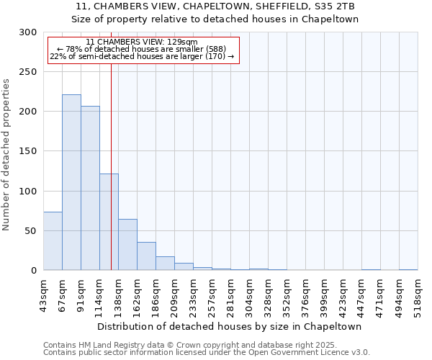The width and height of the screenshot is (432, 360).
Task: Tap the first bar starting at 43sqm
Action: tap(53, 241)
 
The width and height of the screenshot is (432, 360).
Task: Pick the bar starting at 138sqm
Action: tap(127, 245)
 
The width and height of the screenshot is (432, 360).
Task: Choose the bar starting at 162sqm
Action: tap(146, 256)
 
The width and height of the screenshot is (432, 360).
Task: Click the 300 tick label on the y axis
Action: tap(28, 32)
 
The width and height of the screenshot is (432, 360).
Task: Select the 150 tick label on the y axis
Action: tap(28, 151)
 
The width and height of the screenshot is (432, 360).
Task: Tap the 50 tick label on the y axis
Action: tap(31, 231)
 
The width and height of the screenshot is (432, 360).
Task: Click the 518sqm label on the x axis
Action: tap(418, 296)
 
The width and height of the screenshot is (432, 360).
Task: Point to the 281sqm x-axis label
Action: tap(230, 296)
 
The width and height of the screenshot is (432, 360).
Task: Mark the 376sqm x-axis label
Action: tap(305, 296)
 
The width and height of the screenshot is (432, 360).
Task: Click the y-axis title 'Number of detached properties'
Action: tap(7, 155)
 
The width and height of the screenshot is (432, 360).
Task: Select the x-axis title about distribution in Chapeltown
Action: tap(230, 326)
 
